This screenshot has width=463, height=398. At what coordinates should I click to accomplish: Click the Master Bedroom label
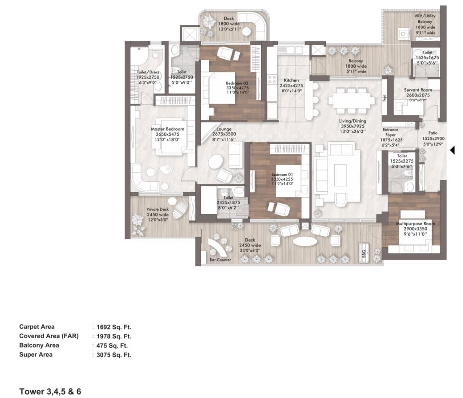(x=168, y=129)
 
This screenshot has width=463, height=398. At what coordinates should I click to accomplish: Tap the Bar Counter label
(x=220, y=260)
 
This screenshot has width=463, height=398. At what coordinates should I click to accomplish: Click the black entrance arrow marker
(x=452, y=150)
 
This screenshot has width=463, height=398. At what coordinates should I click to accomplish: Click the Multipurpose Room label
(x=415, y=224)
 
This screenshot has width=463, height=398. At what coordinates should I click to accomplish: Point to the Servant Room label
(x=418, y=90)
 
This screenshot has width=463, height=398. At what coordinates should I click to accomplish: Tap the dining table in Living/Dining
(x=351, y=101)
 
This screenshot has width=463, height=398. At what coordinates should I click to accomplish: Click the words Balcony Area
(x=39, y=345)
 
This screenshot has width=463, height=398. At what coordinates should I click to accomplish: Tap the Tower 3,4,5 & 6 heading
(x=50, y=392)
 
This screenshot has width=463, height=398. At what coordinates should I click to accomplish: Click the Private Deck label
(x=157, y=209)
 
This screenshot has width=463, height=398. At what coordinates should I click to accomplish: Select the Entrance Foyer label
(x=391, y=132)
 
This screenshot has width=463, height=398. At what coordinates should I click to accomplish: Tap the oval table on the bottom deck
(x=305, y=241)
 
